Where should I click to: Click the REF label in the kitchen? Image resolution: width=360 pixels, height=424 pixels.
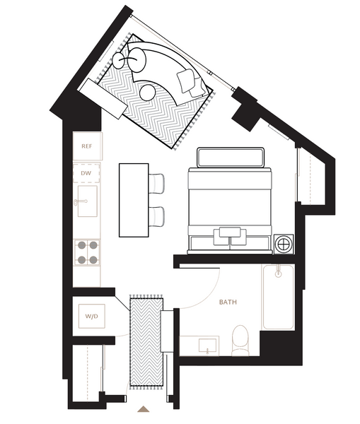tap(87, 146)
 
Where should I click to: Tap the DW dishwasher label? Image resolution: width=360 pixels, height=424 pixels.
tap(86, 173)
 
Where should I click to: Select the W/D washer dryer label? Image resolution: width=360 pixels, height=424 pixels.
tap(91, 316)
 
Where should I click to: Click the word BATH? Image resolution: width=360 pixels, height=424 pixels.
tap(228, 302)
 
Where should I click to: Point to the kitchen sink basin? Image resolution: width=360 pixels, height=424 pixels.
tap(88, 201)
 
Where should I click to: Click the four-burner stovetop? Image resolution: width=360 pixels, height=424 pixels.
tap(87, 252)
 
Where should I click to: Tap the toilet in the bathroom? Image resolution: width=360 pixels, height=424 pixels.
tap(240, 341)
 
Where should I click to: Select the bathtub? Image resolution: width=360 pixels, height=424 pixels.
tap(278, 297)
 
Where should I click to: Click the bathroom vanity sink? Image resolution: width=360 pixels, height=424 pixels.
tap(208, 346)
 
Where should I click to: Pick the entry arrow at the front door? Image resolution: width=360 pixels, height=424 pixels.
tap(144, 409)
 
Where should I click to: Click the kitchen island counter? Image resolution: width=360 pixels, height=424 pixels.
tap(134, 200)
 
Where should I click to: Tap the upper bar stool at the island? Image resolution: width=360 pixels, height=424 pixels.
tap(156, 184)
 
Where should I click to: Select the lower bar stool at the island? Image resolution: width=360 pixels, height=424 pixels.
tap(156, 217)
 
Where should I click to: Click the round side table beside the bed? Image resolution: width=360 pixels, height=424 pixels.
tap(284, 245)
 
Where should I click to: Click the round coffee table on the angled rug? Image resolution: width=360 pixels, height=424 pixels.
tap(148, 92)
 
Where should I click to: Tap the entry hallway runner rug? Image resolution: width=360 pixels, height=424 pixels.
tap(146, 342)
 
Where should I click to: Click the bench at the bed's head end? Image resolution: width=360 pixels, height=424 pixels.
tap(231, 158)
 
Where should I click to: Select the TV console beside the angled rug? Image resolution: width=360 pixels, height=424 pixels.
tap(103, 99)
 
